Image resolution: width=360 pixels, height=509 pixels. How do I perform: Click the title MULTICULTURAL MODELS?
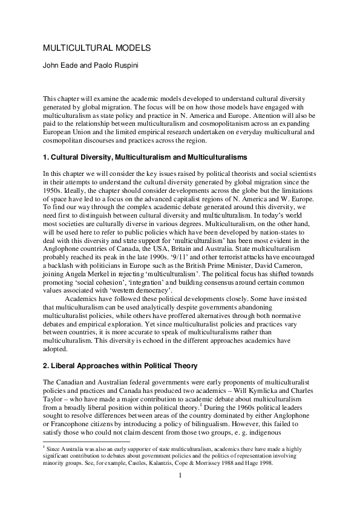(96, 47)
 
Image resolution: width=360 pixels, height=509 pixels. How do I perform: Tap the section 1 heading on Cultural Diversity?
(145, 157)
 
